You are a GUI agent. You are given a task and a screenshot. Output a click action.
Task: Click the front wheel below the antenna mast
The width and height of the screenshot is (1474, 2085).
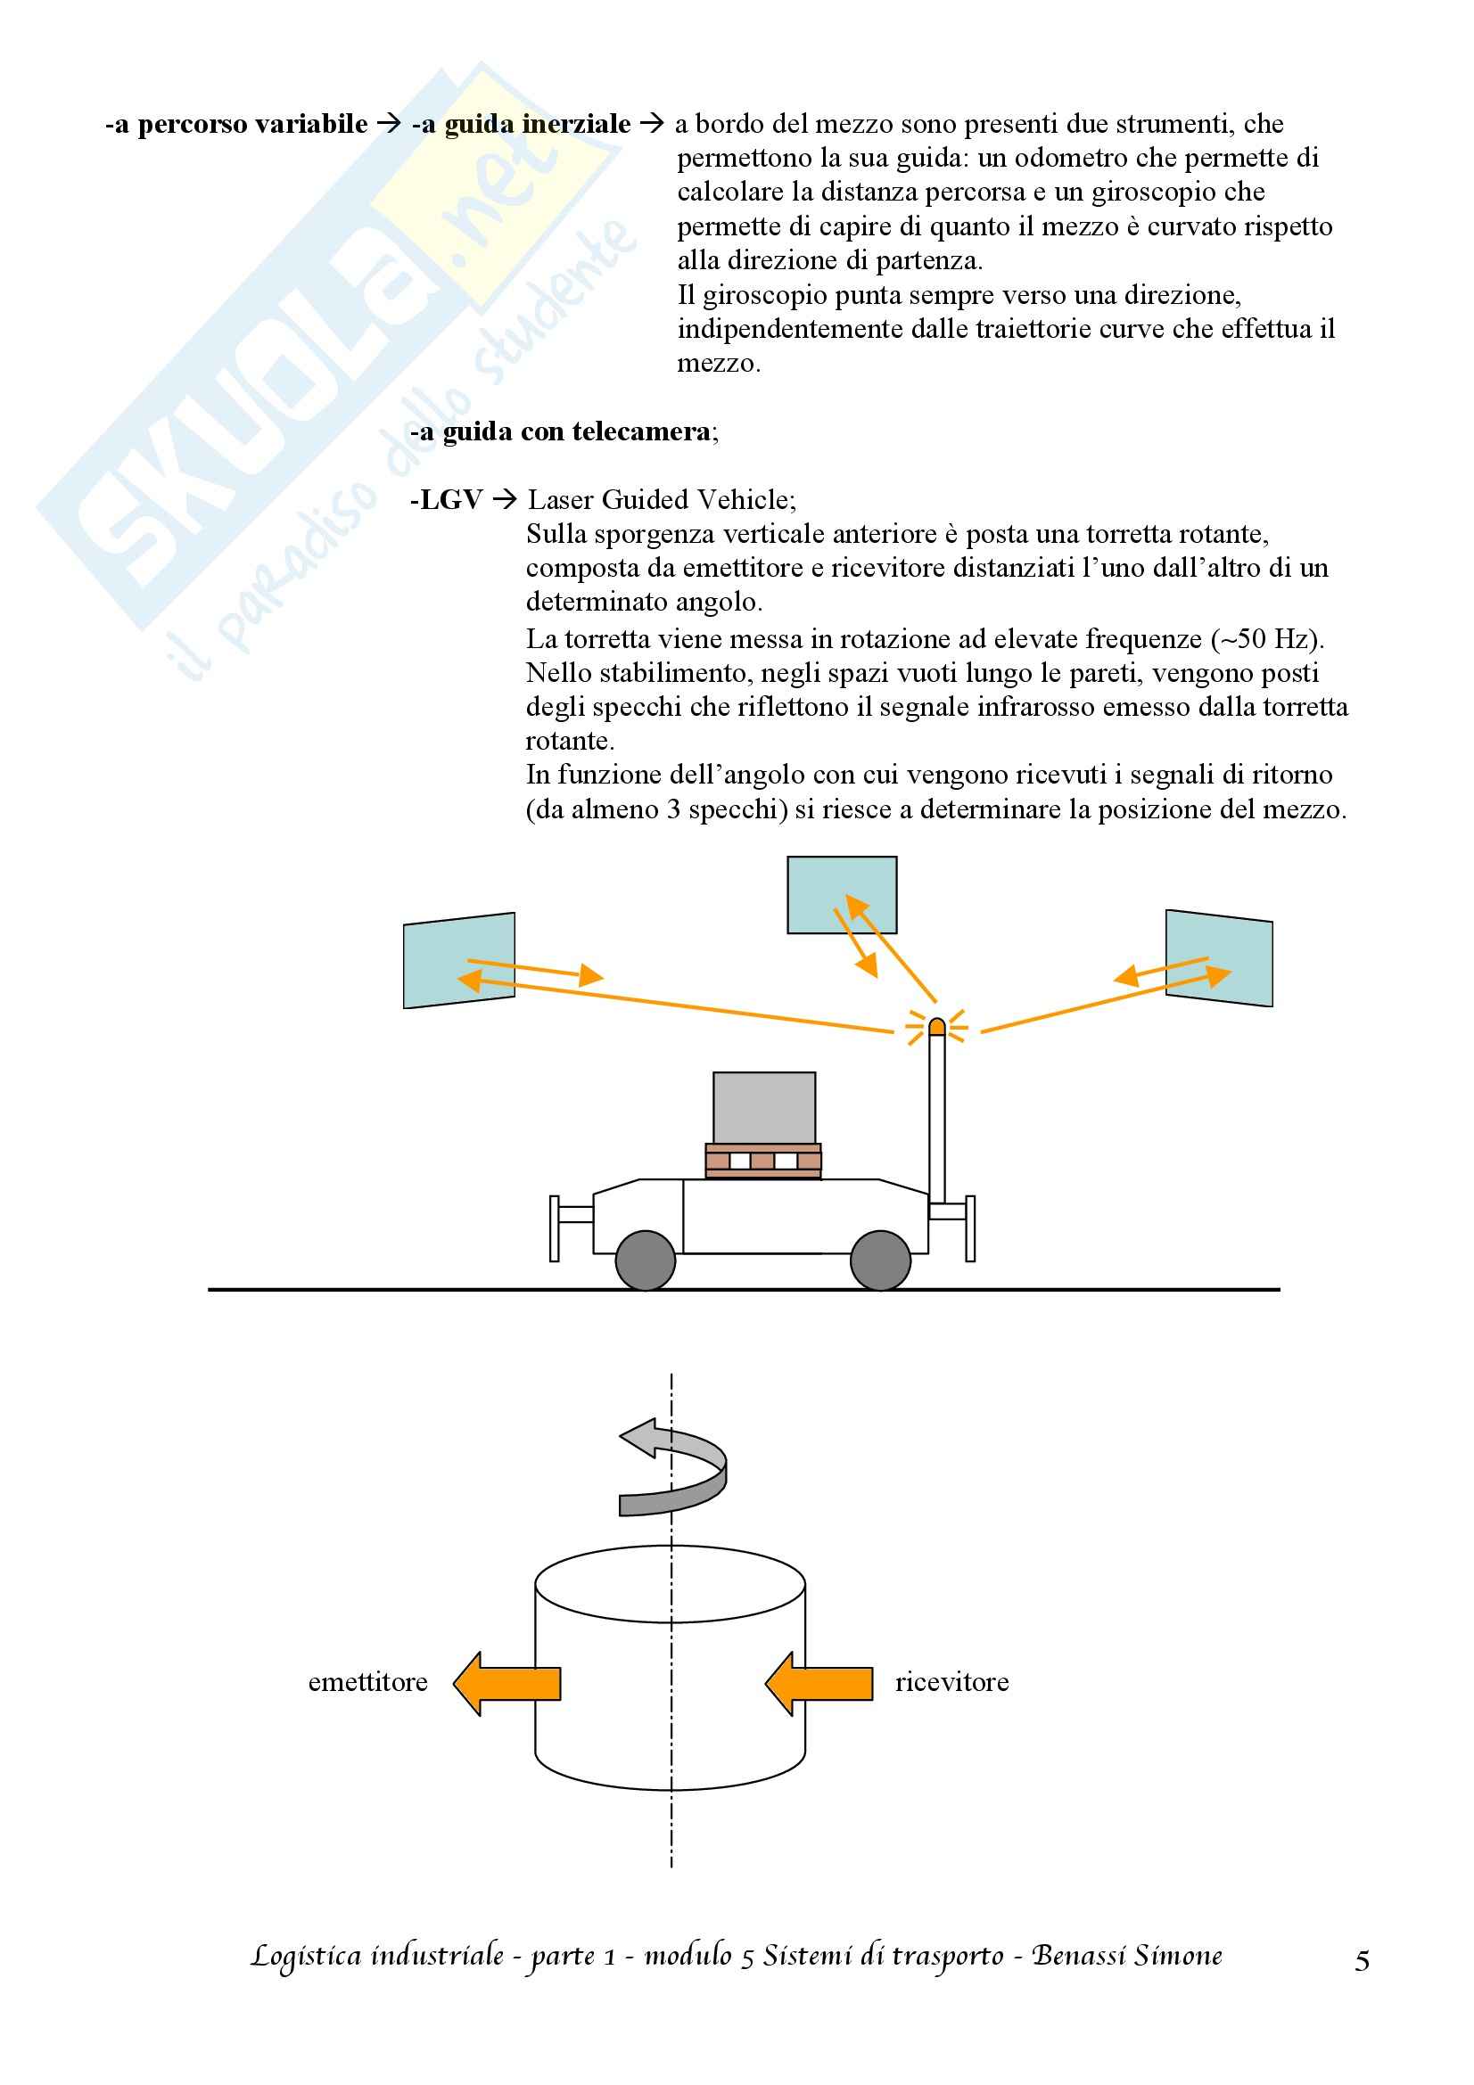(880, 1260)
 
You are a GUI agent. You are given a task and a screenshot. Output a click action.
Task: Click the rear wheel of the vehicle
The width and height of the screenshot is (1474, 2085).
(645, 1260)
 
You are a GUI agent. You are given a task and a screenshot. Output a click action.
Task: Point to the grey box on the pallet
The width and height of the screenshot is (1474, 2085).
(764, 1108)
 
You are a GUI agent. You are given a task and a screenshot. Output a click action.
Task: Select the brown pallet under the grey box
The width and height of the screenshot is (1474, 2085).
(763, 1161)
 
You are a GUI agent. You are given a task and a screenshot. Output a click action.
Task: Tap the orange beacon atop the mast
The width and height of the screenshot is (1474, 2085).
(937, 1027)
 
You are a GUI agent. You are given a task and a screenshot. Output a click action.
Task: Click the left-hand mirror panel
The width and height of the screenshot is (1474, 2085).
(458, 960)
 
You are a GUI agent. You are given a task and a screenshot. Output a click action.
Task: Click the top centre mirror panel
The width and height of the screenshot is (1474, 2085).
(842, 894)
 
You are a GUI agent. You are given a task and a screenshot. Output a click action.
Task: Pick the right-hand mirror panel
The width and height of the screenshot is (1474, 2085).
(1219, 958)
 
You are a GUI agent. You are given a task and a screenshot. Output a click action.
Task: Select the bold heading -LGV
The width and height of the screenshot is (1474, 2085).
(447, 500)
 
